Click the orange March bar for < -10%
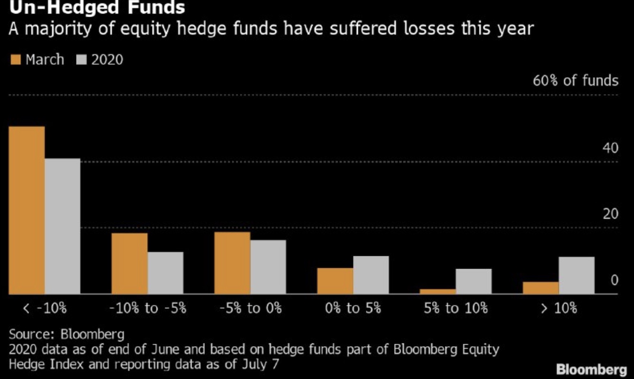[27, 210]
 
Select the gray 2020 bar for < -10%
[63, 226]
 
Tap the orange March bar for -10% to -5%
[129, 263]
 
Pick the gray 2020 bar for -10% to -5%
[165, 272]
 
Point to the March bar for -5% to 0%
[232, 262]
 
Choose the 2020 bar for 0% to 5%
[371, 275]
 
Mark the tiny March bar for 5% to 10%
[438, 291]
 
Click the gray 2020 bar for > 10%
[576, 275]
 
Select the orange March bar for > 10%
[540, 288]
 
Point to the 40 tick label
[611, 148]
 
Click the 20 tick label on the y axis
[611, 214]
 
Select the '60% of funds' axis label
[576, 80]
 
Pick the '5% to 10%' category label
[456, 308]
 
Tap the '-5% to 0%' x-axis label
[250, 308]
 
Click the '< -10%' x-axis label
[45, 308]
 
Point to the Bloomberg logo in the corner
[591, 369]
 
